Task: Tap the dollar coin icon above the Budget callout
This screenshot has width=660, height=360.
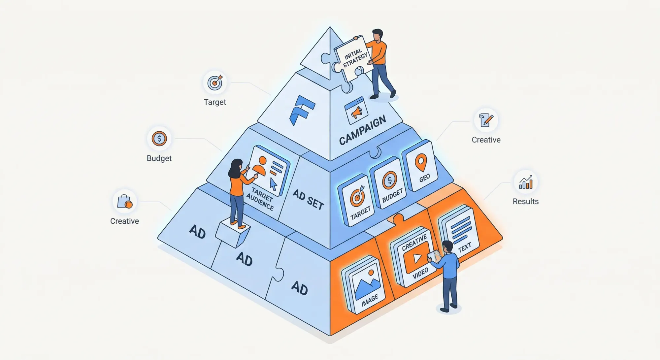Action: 159,139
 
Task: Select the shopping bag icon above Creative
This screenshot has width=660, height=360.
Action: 125,201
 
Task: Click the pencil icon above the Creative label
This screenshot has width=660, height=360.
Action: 486,120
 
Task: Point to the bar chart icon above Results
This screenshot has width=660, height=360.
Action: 526,182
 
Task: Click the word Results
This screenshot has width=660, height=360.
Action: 525,201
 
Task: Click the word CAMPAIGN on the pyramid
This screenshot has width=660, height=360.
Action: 362,130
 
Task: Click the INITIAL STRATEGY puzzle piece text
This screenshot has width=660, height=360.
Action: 355,58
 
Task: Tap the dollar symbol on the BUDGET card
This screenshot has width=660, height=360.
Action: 389,180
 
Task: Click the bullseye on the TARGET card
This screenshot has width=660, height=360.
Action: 357,197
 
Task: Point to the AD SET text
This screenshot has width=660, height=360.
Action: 308,199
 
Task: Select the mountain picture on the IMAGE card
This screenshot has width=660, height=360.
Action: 367,282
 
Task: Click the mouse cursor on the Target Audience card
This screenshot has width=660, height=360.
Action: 273,184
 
